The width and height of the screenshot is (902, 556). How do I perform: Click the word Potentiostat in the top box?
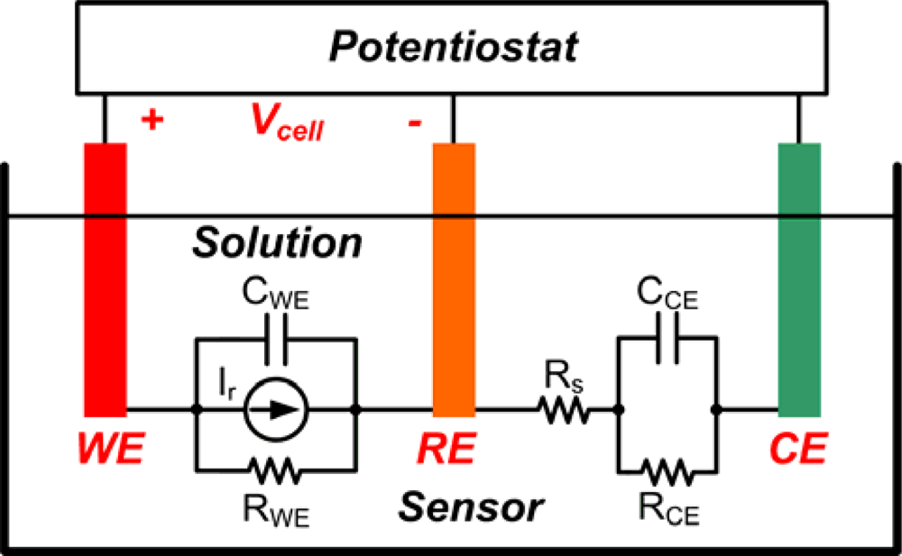[x=451, y=47]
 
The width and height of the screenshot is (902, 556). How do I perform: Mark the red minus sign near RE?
[x=414, y=123]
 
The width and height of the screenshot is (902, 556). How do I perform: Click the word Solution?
[x=277, y=242]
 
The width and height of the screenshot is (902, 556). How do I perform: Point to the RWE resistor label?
[x=277, y=515]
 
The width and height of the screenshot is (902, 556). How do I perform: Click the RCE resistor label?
[x=667, y=514]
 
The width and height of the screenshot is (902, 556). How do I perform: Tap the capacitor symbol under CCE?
[x=667, y=348]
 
